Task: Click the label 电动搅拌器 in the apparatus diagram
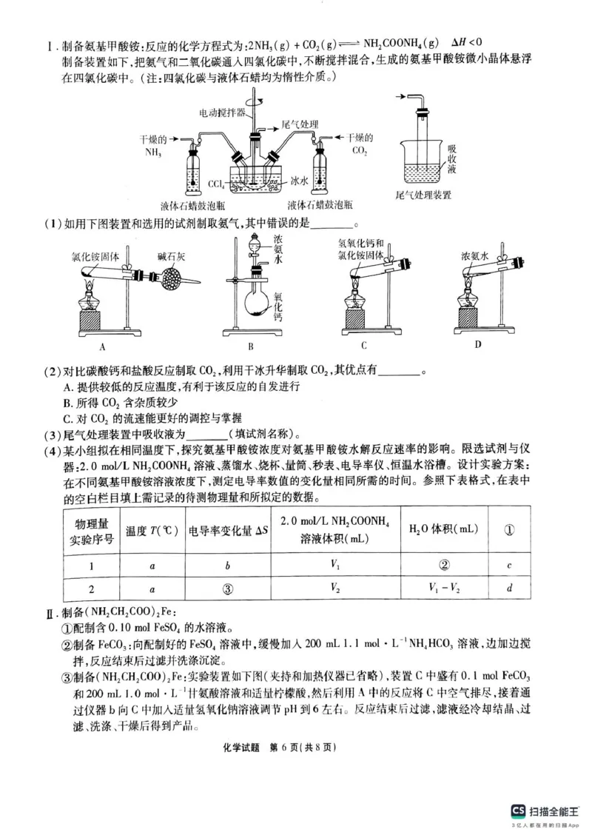click(220, 113)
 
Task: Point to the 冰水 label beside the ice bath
click(299, 180)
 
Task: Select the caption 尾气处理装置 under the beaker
click(424, 195)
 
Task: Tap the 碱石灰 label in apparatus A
click(172, 256)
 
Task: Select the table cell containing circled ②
click(444, 566)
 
